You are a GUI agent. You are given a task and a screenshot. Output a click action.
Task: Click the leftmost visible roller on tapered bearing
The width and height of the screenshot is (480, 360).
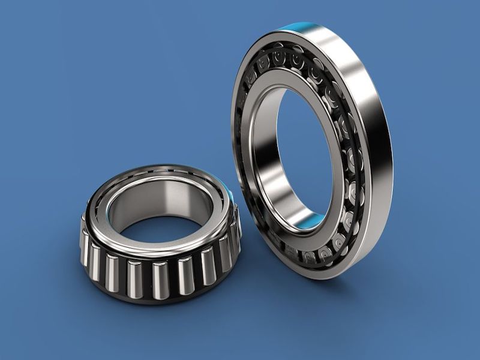[86, 247]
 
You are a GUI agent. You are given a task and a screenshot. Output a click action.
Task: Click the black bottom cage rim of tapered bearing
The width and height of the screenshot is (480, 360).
[157, 298]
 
